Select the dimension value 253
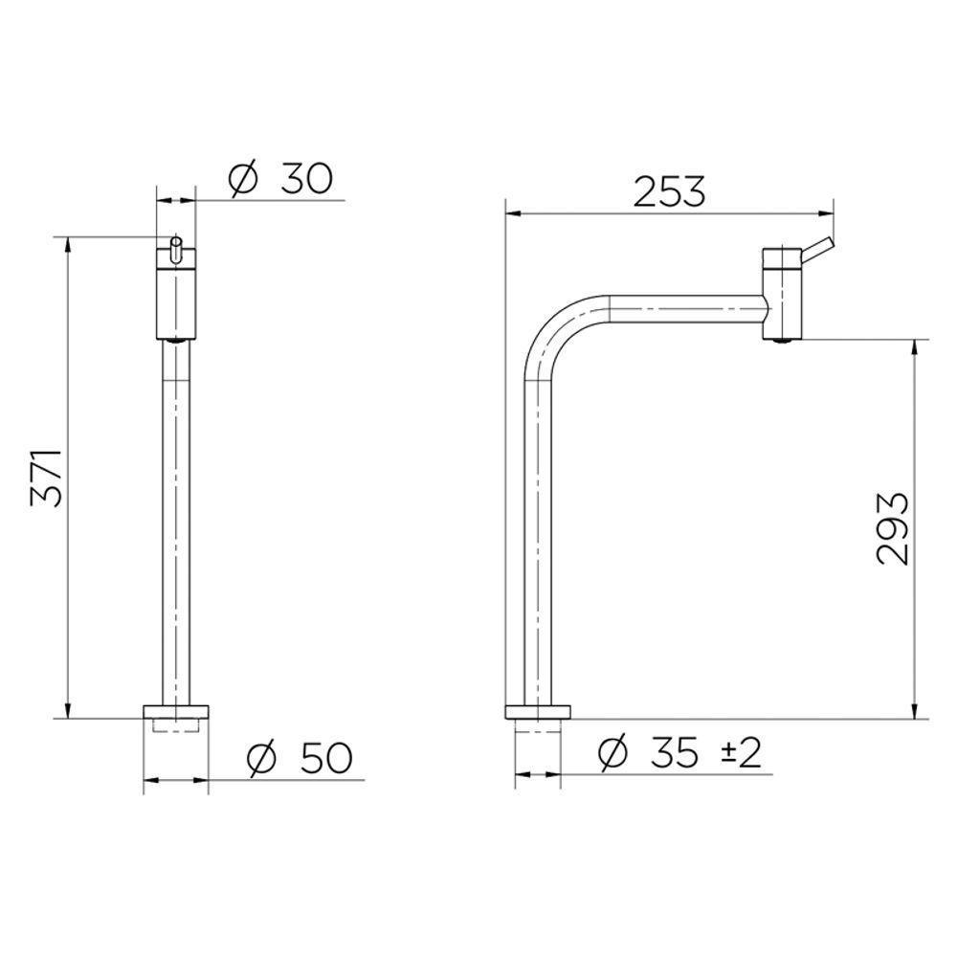(x=669, y=191)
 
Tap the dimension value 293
(x=892, y=528)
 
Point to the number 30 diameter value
(x=307, y=179)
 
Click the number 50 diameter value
(x=326, y=757)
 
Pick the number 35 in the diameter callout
(x=673, y=752)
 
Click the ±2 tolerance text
(x=742, y=752)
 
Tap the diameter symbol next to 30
(x=243, y=180)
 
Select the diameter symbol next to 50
(x=262, y=758)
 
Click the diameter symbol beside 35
(x=612, y=752)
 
